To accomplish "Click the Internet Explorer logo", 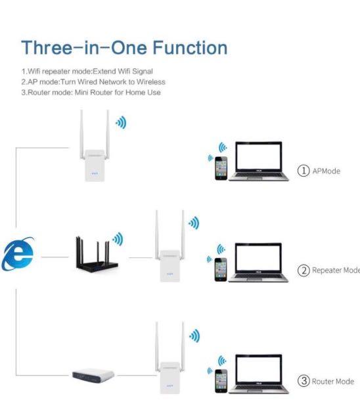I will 18,256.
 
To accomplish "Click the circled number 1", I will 304,171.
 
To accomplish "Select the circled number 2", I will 304,271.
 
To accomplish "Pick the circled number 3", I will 304,381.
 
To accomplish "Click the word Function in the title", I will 191,48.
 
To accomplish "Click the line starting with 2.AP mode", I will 93,81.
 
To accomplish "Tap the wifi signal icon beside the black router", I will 118,238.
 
